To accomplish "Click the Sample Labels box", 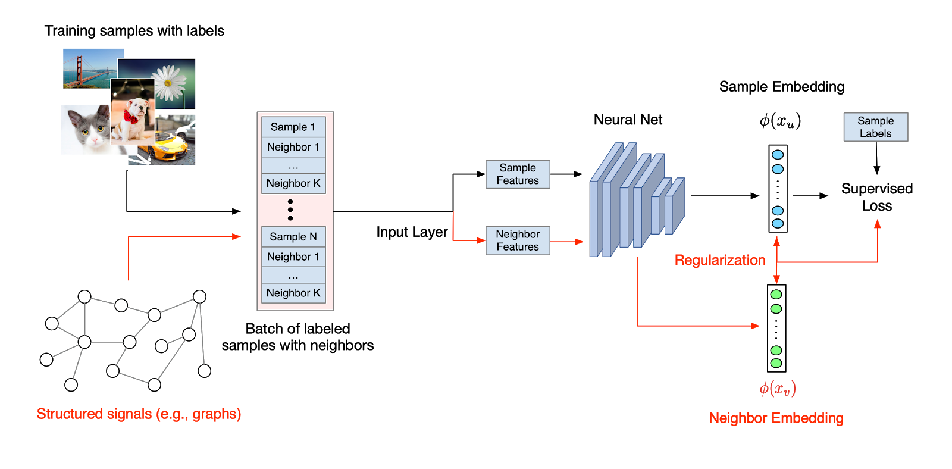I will (875, 127).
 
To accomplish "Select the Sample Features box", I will (518, 174).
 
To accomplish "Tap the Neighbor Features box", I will (518, 240).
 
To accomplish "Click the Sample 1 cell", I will (293, 127).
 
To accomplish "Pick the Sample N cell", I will (293, 236).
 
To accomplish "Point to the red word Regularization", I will (719, 260).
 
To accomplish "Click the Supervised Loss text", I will (876, 197).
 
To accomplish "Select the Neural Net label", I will (628, 120).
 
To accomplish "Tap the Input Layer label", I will (412, 232).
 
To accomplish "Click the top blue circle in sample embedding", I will (778, 155).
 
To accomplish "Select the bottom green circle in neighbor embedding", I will (776, 363).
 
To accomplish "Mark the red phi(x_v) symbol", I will (777, 389).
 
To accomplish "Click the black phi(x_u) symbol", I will (780, 121).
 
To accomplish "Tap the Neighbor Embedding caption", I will (776, 418).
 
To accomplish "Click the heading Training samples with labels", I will (134, 31).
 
